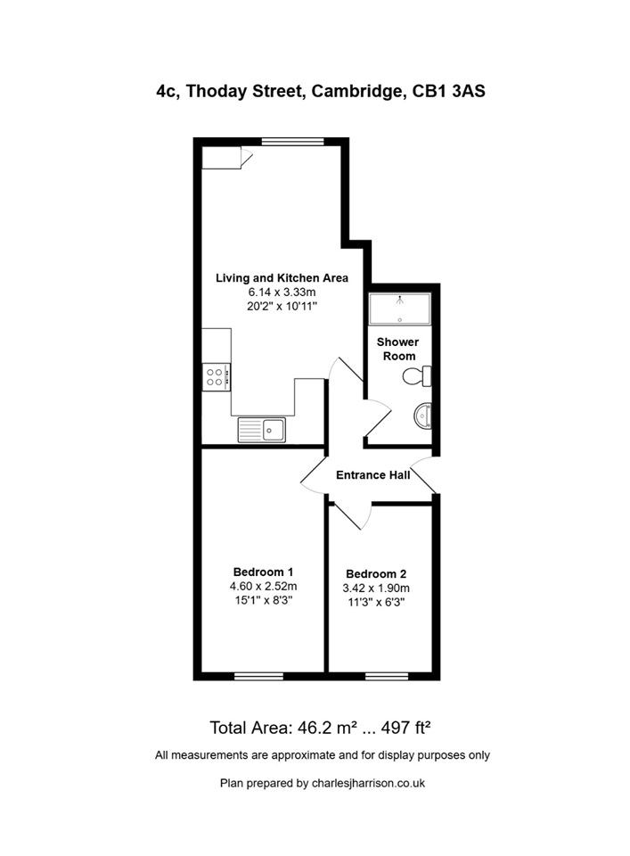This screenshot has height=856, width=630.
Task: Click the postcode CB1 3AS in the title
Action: pyautogui.click(x=449, y=92)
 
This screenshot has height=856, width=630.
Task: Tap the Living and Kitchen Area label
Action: pyautogui.click(x=282, y=278)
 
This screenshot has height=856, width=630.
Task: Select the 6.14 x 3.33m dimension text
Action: pyautogui.click(x=282, y=292)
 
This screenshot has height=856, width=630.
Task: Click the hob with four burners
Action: pyautogui.click(x=216, y=376)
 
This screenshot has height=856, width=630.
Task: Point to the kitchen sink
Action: pyautogui.click(x=261, y=430)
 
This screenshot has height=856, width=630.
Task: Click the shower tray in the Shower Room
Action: pyautogui.click(x=399, y=308)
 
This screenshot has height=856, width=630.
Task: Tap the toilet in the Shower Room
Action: pyautogui.click(x=418, y=377)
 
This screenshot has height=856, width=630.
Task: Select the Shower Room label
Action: pyautogui.click(x=397, y=349)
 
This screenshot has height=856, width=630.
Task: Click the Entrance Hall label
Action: pyautogui.click(x=372, y=475)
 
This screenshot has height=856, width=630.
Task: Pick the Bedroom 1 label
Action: pyautogui.click(x=264, y=572)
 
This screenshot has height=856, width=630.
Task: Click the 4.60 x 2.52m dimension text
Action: pyautogui.click(x=264, y=586)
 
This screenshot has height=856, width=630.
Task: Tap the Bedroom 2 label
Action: pyautogui.click(x=376, y=573)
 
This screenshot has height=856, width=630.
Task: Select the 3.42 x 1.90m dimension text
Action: pyautogui.click(x=376, y=588)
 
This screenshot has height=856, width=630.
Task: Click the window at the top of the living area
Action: pyautogui.click(x=292, y=140)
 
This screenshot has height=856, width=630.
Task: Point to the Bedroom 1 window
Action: pyautogui.click(x=258, y=676)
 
